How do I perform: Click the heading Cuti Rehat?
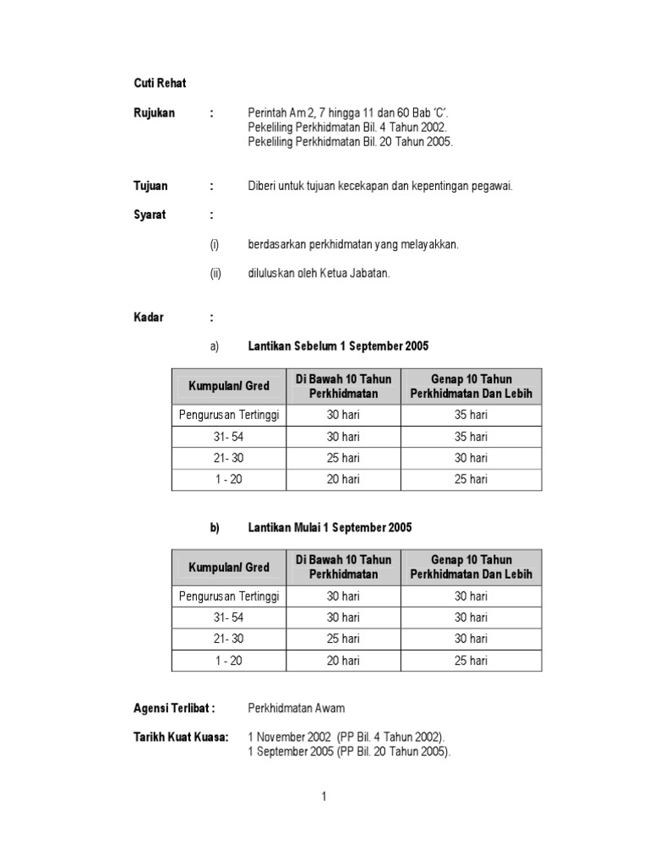click(160, 83)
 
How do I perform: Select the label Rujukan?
click(154, 112)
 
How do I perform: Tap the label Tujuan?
click(150, 186)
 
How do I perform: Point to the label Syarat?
click(150, 215)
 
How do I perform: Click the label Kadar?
click(148, 318)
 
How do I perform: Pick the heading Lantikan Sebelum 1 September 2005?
click(338, 346)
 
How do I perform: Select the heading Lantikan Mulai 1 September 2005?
click(330, 528)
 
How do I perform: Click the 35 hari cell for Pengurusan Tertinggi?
click(472, 415)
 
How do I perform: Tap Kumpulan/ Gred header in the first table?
click(229, 386)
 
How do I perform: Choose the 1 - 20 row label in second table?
click(229, 661)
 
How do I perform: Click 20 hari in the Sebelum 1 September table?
click(343, 479)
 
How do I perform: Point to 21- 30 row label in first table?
click(229, 458)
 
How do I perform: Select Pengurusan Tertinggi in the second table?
click(229, 596)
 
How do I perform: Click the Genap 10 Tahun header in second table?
click(472, 567)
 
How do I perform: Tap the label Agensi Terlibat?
click(174, 709)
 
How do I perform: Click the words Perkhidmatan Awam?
click(296, 709)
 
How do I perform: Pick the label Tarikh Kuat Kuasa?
click(181, 737)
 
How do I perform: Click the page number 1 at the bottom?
click(324, 797)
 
